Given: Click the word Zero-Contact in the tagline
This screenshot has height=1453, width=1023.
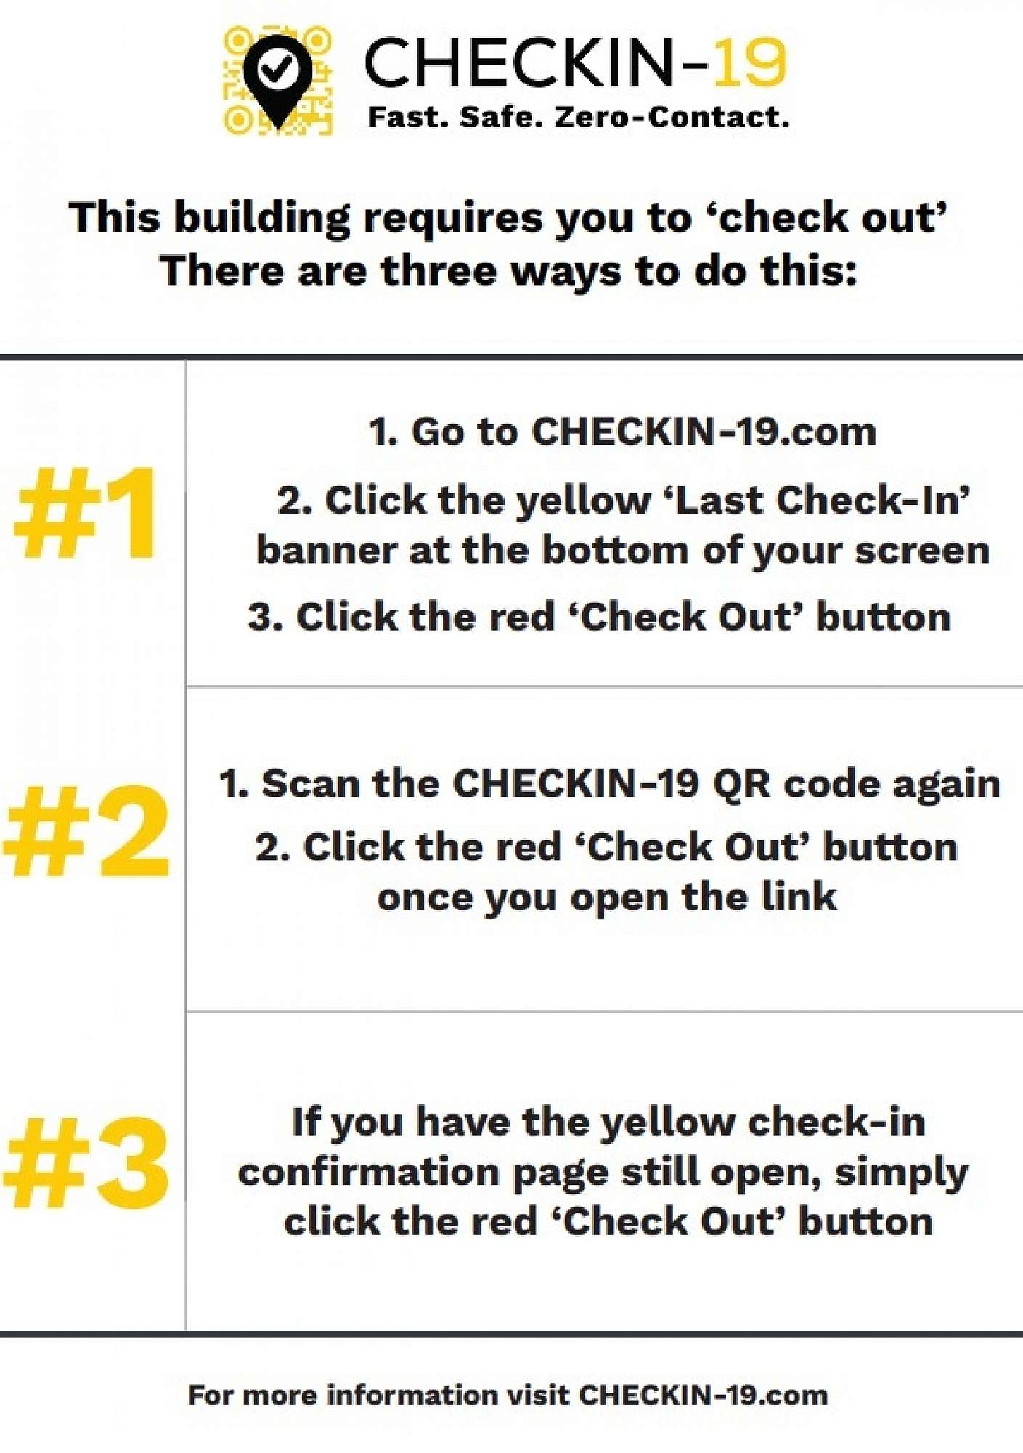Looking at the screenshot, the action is (x=672, y=116).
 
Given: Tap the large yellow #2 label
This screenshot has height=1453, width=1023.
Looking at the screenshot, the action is (x=86, y=832).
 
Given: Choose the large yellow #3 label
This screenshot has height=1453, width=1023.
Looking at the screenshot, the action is (x=86, y=1163).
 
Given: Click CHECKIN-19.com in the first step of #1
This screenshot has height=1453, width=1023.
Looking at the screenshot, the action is (x=704, y=432).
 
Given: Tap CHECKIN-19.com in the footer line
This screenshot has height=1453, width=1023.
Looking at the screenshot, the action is (x=703, y=1396).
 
